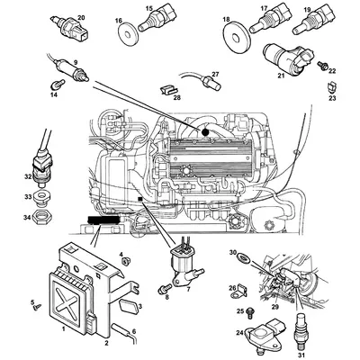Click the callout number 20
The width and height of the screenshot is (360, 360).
tap(80, 17)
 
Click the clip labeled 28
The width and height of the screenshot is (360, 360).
tap(167, 88)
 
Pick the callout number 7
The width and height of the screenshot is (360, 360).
tap(188, 291)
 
